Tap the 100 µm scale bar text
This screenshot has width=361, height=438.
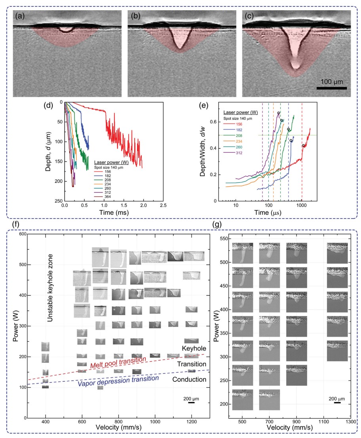[x=332, y=82]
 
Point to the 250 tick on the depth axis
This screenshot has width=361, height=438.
[x=58, y=201]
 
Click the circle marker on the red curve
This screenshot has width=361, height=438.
[x=303, y=146]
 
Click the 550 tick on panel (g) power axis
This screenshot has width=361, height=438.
[x=224, y=239]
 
